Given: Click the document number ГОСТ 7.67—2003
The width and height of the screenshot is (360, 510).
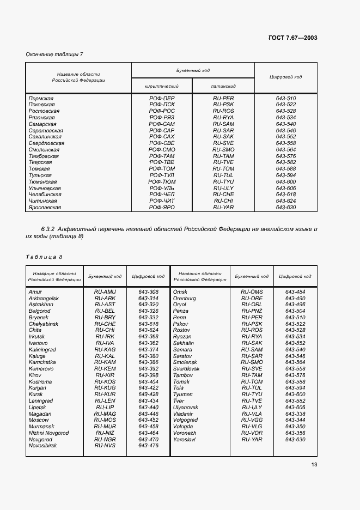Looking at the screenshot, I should pyautogui.click(x=292, y=38).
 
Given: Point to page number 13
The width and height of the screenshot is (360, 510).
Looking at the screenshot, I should pyautogui.click(x=314, y=464).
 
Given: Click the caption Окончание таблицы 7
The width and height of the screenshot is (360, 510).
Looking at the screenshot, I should pyautogui.click(x=54, y=54).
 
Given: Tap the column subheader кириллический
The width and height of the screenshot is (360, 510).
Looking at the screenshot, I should pyautogui.click(x=161, y=86).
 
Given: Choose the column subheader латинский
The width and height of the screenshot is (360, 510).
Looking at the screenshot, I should pyautogui.click(x=223, y=86).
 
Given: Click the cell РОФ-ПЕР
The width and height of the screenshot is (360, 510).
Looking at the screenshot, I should pyautogui.click(x=161, y=98).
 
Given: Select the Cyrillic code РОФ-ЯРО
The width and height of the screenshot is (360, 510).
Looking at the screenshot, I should pyautogui.click(x=161, y=207).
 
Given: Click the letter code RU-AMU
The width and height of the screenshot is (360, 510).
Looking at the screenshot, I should pyautogui.click(x=105, y=292).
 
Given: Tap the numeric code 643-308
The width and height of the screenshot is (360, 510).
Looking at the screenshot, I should pyautogui.click(x=148, y=292).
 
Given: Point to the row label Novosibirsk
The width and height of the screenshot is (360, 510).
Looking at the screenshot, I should pyautogui.click(x=42, y=445).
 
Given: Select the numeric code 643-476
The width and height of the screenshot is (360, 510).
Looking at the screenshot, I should pyautogui.click(x=148, y=445).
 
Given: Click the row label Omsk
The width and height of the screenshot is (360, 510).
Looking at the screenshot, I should pyautogui.click(x=180, y=292).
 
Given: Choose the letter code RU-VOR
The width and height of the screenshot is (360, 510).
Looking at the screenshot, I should pyautogui.click(x=252, y=433).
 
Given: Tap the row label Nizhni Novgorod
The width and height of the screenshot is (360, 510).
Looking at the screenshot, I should pyautogui.click(x=48, y=433).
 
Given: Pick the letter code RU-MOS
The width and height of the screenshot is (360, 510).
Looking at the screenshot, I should pyautogui.click(x=105, y=420).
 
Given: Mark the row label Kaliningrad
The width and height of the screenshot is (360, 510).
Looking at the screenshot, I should pyautogui.click(x=42, y=349).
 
